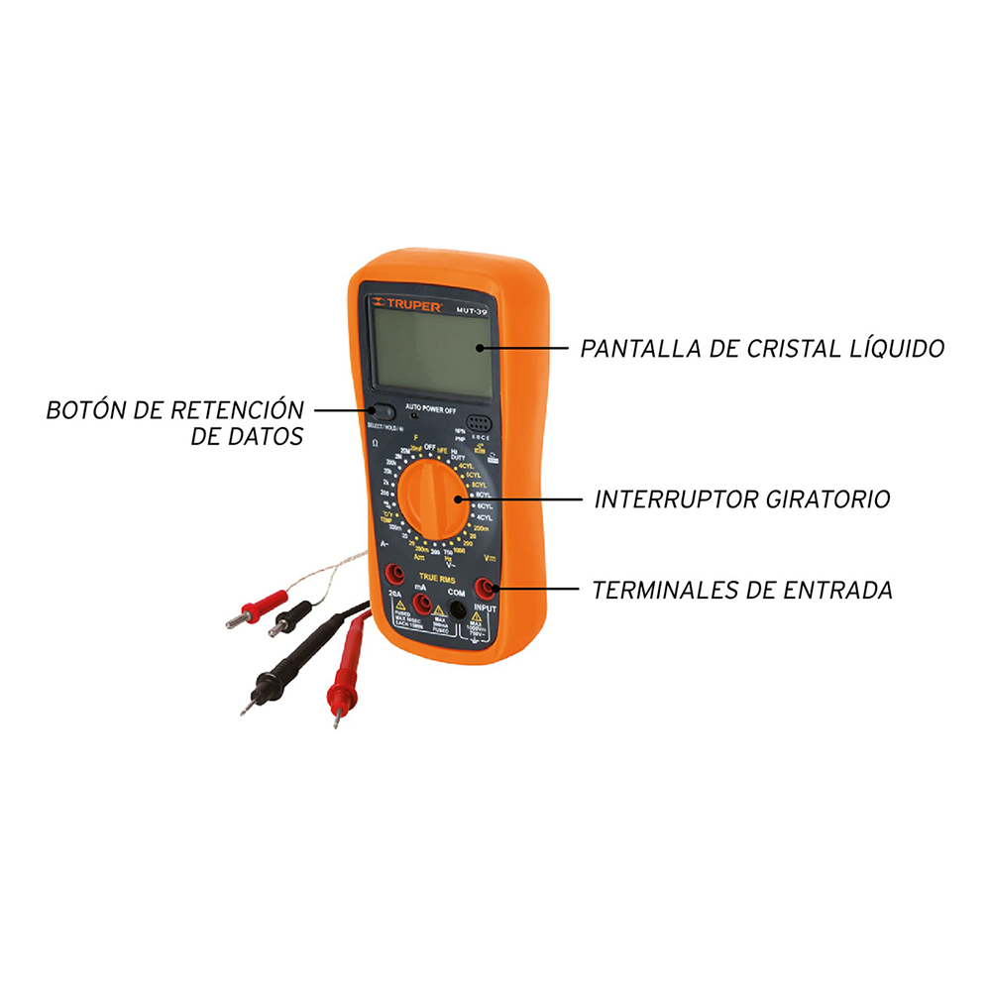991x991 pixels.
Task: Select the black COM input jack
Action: (457, 607)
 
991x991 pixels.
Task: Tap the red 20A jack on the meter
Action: (393, 573)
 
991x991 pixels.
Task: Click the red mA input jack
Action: (422, 604)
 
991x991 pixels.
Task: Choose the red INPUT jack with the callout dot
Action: (486, 588)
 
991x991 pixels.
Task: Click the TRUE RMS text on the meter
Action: (436, 578)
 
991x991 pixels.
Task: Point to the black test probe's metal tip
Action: (244, 709)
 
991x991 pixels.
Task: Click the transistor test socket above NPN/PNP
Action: (480, 421)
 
